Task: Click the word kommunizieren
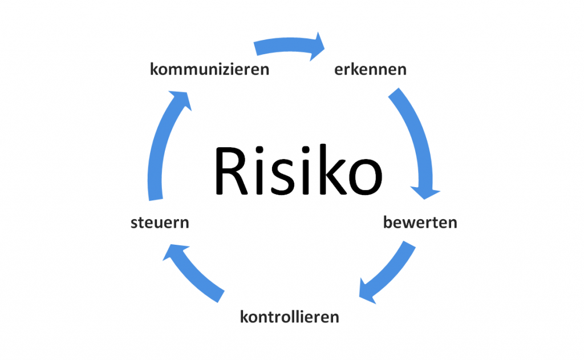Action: (x=209, y=70)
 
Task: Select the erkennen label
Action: (x=370, y=70)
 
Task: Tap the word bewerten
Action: (x=420, y=223)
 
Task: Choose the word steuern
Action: (x=160, y=223)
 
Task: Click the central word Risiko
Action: (x=297, y=170)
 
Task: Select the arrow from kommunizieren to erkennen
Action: (x=285, y=46)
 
